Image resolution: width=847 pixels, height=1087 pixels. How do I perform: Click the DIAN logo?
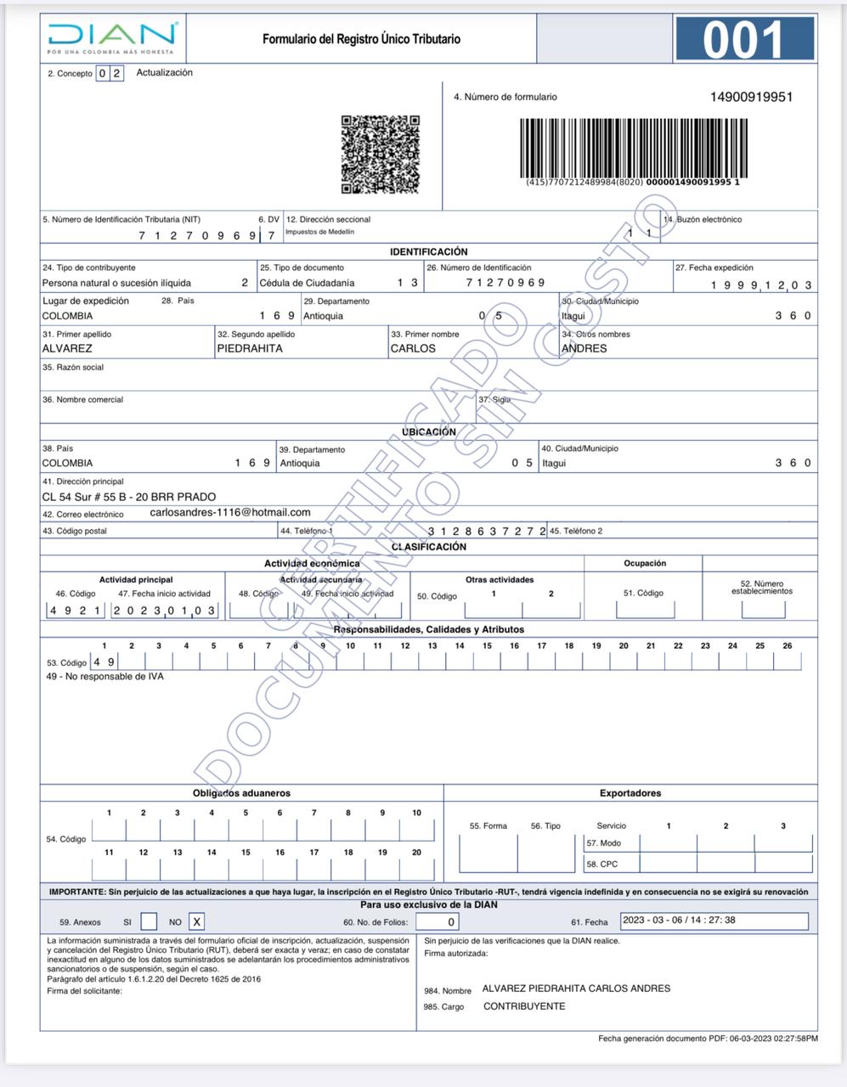(x=112, y=37)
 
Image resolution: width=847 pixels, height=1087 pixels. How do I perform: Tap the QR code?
(x=381, y=155)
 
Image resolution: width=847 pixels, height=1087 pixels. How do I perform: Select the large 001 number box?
(x=745, y=39)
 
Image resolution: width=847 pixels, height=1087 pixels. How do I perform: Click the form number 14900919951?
(x=751, y=97)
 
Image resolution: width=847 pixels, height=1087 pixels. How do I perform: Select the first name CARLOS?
(x=413, y=348)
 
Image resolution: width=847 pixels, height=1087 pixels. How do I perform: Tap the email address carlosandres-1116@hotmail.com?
(x=229, y=512)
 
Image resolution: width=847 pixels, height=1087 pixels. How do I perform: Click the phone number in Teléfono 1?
(x=486, y=531)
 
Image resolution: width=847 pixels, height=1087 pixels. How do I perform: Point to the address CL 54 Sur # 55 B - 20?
(x=129, y=497)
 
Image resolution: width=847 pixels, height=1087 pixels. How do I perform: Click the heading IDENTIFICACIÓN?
(x=428, y=251)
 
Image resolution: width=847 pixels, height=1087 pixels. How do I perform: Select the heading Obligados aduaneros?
(x=241, y=793)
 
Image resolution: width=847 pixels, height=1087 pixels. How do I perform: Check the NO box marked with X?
(x=196, y=921)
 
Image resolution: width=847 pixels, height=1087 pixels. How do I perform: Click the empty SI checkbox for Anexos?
(x=149, y=921)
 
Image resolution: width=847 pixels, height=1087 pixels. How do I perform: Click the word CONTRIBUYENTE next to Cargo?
(x=524, y=1006)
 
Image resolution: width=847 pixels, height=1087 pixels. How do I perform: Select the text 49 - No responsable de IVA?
(x=104, y=677)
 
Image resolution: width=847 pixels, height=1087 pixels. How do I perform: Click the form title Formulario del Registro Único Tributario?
(x=361, y=39)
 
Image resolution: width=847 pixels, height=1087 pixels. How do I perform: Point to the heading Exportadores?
(x=630, y=793)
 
